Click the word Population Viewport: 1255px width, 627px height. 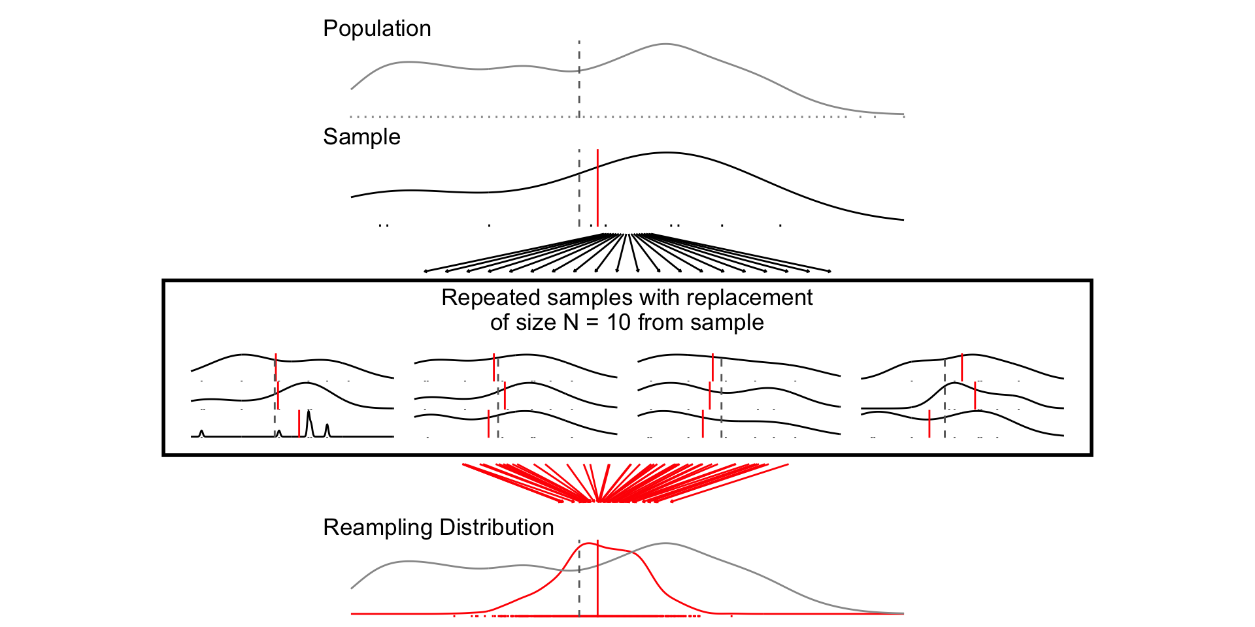[376, 29]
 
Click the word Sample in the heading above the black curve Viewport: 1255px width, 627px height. [361, 137]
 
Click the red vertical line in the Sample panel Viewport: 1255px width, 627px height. [597, 189]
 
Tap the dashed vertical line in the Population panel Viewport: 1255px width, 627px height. [579, 78]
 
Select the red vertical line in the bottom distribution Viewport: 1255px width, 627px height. [597, 581]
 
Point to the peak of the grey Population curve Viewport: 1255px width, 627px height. [665, 44]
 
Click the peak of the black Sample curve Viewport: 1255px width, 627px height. [666, 153]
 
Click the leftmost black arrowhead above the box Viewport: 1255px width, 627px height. [426, 271]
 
